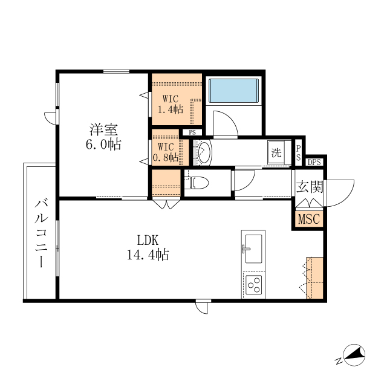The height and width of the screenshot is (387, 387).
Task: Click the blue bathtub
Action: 234,90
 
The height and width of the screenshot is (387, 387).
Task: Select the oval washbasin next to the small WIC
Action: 204,152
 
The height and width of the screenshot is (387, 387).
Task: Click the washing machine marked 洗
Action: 276,152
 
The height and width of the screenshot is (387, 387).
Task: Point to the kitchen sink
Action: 253,249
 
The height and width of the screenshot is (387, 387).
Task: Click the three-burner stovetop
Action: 253,285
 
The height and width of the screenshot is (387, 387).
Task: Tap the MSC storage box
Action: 309,219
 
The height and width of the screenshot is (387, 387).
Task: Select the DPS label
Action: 314,162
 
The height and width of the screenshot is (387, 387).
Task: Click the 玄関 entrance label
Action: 310,186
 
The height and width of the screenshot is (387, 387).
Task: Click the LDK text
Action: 148,240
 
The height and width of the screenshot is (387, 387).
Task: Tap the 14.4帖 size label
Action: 148,255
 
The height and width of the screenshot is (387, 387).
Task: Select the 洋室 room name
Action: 103,129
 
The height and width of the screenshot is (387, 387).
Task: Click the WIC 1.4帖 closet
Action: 177,99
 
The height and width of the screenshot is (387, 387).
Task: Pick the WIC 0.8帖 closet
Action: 171,148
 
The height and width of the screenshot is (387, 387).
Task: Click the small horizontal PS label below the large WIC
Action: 192,132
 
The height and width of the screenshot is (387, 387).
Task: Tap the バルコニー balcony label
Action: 41,233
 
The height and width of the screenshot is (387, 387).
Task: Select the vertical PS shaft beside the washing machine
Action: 298,153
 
